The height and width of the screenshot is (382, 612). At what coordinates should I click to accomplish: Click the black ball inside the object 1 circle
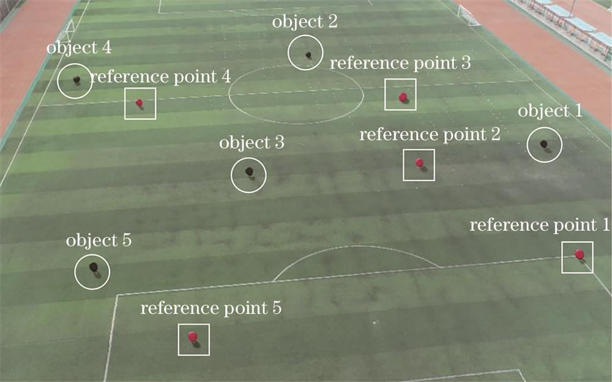543,144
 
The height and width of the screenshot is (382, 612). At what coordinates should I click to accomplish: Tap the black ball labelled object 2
308,54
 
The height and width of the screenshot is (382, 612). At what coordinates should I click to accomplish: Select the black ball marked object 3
249,171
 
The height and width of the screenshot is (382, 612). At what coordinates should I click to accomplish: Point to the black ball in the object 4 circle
76,79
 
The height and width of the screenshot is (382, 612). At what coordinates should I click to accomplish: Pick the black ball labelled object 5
93,266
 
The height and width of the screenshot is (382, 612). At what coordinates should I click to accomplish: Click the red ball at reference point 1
579,254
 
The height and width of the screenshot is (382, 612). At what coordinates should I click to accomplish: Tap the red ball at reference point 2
419,163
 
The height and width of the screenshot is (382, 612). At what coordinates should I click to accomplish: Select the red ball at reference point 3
403,97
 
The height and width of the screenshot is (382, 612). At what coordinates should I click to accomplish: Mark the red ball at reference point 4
139,103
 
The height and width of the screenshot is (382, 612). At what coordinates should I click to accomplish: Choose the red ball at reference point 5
192,336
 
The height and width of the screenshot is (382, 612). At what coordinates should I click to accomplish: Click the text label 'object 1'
551,112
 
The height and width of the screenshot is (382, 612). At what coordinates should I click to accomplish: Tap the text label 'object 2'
305,23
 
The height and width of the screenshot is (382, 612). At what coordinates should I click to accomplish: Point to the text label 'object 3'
252,143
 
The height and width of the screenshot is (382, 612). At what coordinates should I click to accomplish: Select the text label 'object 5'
99,240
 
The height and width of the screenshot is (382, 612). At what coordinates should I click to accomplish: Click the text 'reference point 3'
400,63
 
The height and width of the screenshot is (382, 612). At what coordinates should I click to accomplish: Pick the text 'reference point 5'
211,308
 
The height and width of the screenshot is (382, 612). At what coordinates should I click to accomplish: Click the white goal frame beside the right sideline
469,15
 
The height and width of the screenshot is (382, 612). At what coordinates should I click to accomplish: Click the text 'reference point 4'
160,77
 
